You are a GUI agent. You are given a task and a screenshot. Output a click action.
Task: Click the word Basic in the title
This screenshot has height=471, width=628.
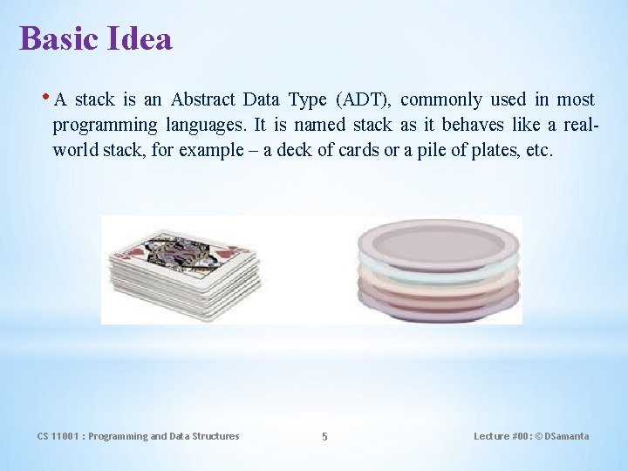[x=58, y=38]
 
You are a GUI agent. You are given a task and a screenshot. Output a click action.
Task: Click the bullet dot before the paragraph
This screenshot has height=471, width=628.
[x=45, y=98]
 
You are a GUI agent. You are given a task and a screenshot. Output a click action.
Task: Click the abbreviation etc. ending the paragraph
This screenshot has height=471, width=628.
[x=538, y=150]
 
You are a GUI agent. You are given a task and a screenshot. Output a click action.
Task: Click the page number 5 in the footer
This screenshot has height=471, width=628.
[x=324, y=436]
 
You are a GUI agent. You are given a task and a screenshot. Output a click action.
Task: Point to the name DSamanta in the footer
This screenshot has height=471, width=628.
[x=566, y=436]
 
